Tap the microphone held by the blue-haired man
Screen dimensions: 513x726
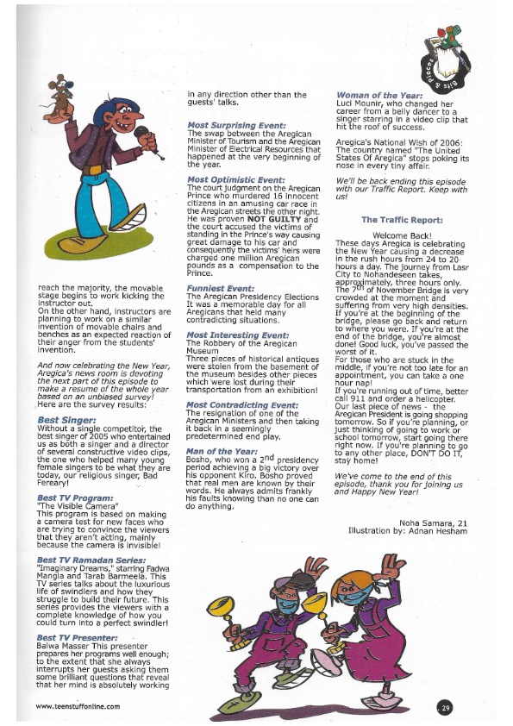point(142,135)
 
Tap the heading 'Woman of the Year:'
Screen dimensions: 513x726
point(379,95)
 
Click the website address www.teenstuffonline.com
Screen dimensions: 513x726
point(78,707)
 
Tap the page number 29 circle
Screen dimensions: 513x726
point(445,707)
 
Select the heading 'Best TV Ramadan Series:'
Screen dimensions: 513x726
point(86,560)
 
